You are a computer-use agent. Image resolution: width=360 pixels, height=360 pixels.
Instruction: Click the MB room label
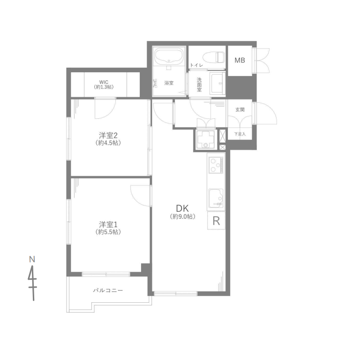click(240, 60)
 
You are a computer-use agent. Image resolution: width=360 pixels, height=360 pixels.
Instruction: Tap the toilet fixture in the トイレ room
click(214, 57)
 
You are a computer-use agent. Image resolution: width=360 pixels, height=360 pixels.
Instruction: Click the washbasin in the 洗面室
click(217, 83)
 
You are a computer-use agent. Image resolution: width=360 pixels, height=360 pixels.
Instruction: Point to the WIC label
click(104, 82)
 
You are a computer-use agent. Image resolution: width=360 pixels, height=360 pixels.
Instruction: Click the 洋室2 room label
click(108, 135)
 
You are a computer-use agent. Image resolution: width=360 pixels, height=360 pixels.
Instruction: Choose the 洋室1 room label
click(108, 224)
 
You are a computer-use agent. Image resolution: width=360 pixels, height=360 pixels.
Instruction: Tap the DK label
click(182, 208)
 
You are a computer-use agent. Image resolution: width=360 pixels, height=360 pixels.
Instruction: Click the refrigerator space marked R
click(216, 221)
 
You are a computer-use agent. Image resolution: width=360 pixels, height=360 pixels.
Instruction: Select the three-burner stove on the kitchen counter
click(216, 165)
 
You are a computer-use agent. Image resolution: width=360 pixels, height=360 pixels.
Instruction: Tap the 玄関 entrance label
click(240, 110)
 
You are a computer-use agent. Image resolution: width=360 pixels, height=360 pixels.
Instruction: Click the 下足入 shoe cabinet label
click(240, 134)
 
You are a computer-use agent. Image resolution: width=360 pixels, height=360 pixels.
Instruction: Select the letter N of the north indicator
click(32, 259)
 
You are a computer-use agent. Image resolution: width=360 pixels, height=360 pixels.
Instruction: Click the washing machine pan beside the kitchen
click(205, 139)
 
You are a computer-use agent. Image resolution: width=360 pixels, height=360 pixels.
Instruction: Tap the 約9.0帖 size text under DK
click(183, 216)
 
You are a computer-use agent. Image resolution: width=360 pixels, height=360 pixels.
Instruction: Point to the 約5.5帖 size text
click(108, 232)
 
